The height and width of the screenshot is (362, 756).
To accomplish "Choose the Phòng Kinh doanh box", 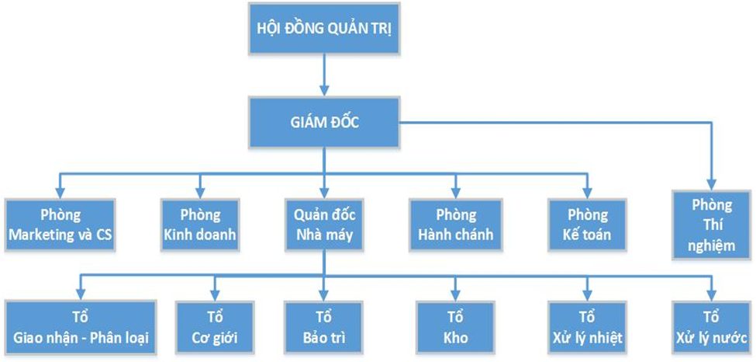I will coord(201,225).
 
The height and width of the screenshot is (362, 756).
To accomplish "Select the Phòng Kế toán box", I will coord(587,225).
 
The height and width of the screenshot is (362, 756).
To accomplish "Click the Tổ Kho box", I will coord(456,327).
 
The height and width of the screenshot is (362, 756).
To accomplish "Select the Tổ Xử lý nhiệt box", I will coord(587,327).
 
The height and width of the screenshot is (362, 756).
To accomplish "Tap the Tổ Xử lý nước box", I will coord(712,327).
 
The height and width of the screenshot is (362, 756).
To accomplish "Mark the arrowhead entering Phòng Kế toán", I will coord(587,191).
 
